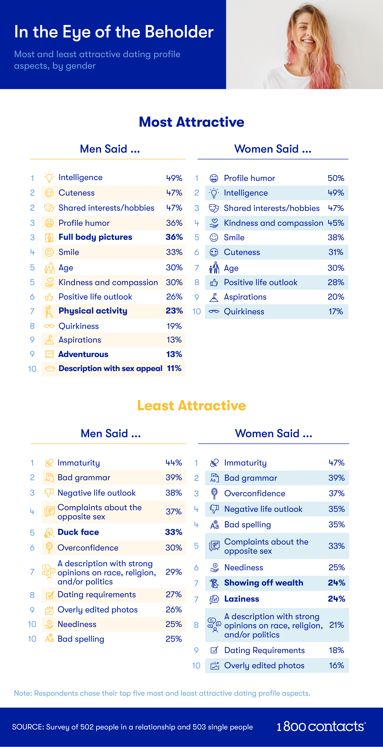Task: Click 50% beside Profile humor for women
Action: [336, 178]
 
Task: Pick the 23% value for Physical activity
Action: [174, 311]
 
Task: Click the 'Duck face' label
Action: [78, 532]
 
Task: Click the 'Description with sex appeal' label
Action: [110, 369]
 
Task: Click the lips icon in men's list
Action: [50, 369]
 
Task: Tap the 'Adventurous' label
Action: [83, 354]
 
